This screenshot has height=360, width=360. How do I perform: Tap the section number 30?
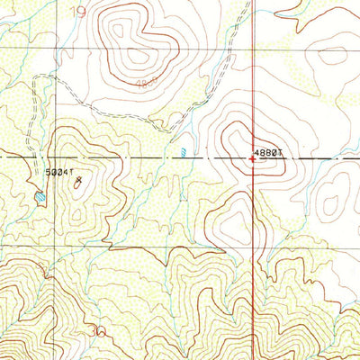98,331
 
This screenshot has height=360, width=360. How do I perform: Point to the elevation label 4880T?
269,153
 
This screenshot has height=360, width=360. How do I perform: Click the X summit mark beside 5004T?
79,180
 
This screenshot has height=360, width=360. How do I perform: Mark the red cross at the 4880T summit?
252,159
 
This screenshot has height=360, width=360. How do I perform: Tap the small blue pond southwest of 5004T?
40,195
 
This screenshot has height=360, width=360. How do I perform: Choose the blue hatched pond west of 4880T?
184,151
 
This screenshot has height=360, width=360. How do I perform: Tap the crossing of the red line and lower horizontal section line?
253,246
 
